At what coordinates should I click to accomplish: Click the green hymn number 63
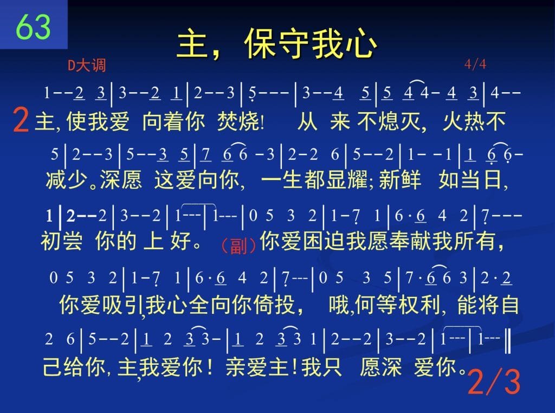[33, 27]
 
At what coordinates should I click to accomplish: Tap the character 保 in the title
[260, 43]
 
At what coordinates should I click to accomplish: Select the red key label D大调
[86, 66]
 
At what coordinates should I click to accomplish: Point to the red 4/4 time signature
[475, 64]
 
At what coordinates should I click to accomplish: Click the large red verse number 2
[21, 120]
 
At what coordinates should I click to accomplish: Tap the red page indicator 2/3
[494, 382]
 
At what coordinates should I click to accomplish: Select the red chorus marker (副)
[238, 245]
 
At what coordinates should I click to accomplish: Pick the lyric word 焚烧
[238, 121]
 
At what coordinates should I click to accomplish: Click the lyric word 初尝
[62, 241]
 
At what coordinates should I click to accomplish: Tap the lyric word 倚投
[274, 305]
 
